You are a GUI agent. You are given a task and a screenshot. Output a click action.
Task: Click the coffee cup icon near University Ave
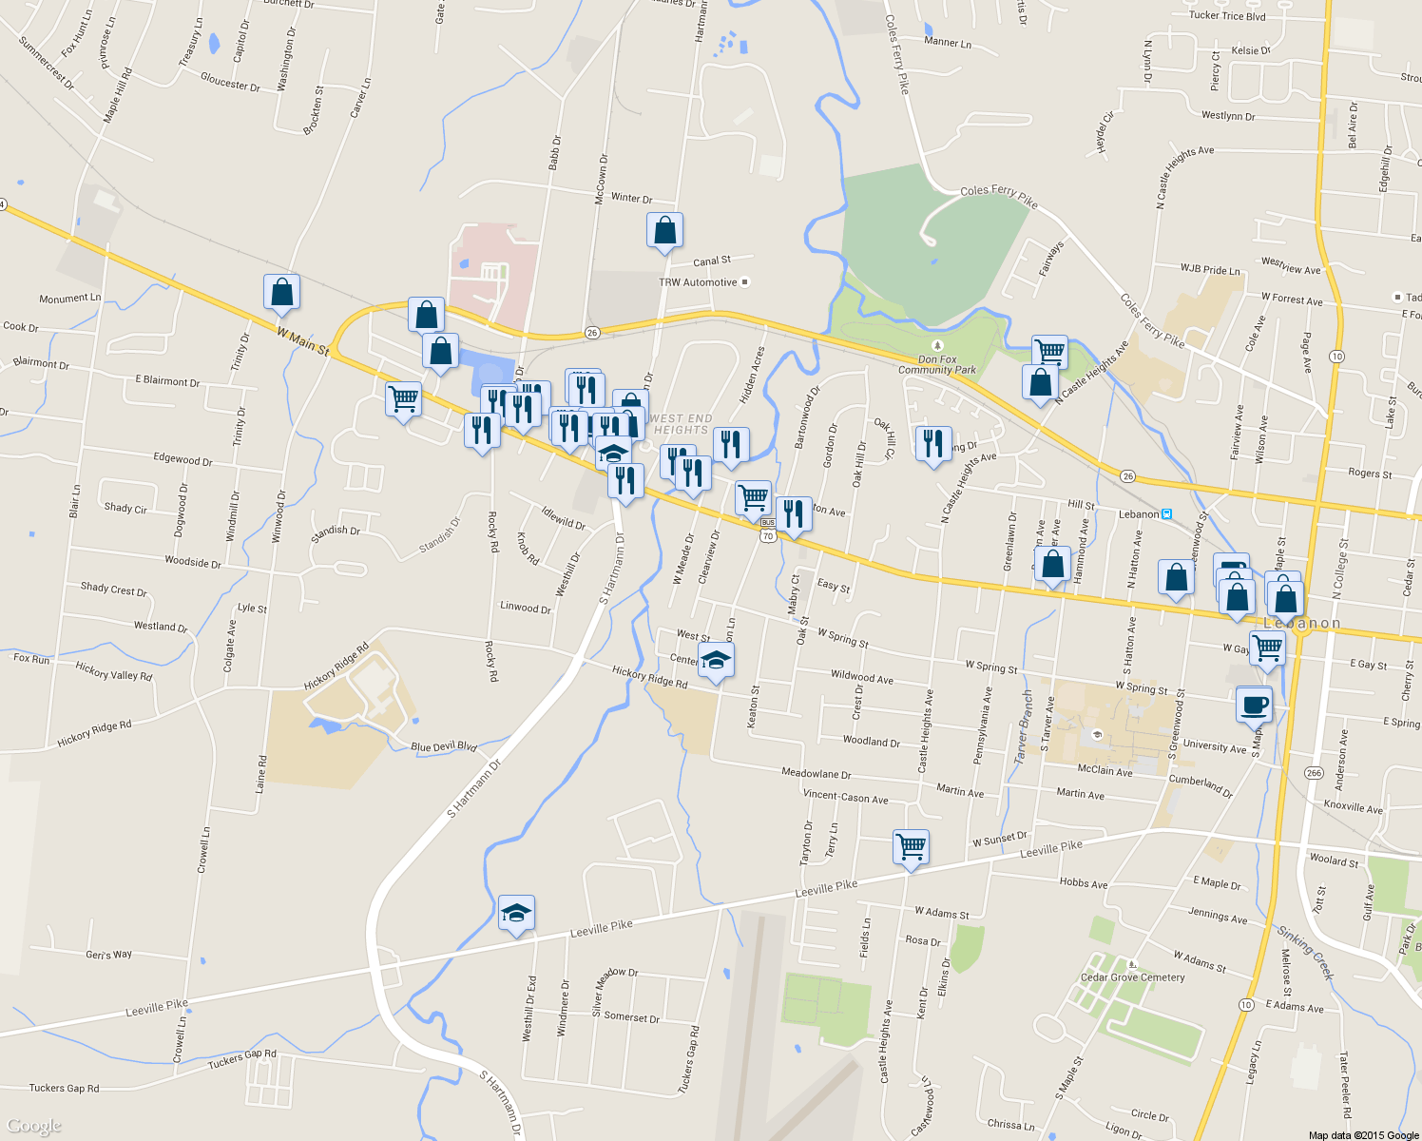1254,706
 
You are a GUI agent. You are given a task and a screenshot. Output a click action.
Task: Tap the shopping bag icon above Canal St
664,231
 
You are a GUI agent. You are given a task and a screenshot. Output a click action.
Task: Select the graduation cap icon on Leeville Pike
516,914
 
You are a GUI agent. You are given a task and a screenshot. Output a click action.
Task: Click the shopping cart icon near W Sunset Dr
911,845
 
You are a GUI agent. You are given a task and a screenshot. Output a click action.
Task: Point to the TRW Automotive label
699,282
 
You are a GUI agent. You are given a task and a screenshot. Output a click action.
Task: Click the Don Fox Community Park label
937,364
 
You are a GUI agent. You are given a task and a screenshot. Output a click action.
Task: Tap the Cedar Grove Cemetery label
1132,977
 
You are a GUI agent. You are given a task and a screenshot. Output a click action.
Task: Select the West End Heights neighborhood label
681,424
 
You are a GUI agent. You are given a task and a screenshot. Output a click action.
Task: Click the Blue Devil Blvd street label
444,747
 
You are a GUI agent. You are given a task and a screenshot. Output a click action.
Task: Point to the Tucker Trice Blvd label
1227,15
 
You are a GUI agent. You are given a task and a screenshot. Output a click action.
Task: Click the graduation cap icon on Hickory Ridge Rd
716,661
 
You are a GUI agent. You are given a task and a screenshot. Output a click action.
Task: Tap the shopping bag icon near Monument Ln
282,293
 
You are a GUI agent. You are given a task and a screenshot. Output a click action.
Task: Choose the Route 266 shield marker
1314,772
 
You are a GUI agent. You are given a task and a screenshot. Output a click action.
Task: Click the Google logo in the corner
34,1126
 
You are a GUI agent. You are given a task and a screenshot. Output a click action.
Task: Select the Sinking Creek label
1305,952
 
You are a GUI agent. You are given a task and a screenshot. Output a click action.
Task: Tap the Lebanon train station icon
1167,514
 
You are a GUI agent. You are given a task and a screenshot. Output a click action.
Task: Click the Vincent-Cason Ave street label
845,797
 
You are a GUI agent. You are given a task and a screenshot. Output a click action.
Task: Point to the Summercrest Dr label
46,63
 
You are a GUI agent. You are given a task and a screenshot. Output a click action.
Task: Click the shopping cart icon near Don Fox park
1049,351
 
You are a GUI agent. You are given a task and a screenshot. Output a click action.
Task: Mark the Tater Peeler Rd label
1344,1084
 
